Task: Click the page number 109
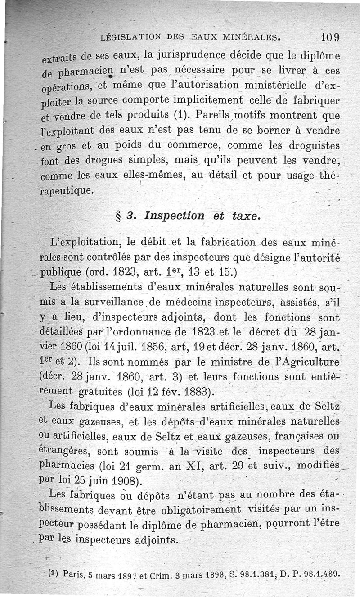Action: [331, 36]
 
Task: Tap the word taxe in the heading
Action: [246, 215]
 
